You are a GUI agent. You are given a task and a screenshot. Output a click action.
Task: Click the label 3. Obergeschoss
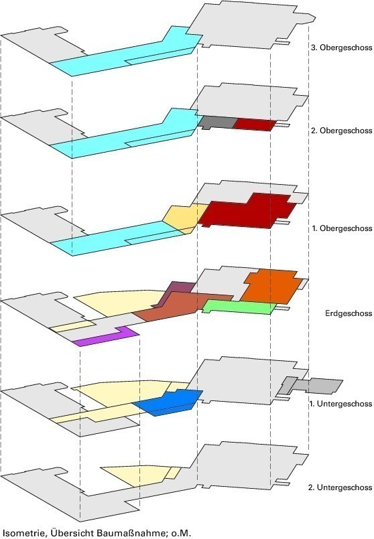pos(341,48)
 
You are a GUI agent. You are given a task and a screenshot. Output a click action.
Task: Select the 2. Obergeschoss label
pos(341,131)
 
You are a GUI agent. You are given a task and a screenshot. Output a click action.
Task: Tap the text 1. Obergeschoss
pos(342,228)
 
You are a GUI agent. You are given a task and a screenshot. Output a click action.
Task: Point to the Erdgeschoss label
pos(349,313)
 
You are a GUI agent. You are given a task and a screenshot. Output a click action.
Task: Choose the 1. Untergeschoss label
pos(340,404)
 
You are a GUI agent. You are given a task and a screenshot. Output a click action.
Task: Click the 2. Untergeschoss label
pos(340,487)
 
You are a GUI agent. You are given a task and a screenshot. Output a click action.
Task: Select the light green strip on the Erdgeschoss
pos(239,307)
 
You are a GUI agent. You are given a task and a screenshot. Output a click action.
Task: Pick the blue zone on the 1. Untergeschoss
pos(169,403)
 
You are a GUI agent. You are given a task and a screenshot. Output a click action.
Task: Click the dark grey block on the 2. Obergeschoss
pos(217,123)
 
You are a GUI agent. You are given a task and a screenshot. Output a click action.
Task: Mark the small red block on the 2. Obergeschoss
pos(255,124)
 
